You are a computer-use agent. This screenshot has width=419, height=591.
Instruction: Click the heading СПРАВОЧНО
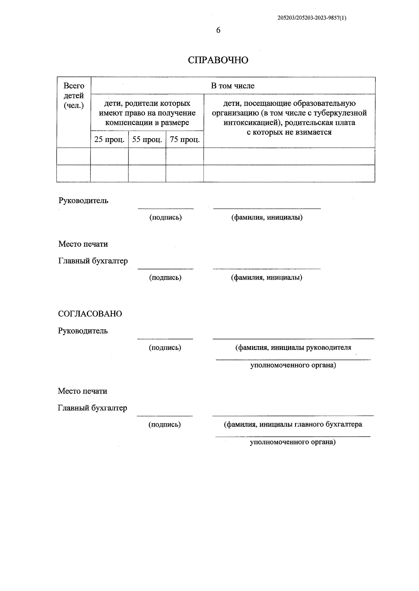[218, 60]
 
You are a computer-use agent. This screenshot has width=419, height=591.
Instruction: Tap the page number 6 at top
[218, 30]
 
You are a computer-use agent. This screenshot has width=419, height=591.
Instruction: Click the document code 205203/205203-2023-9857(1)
[312, 18]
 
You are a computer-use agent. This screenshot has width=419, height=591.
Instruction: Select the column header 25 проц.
[109, 140]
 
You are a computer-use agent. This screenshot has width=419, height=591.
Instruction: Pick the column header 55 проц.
[147, 140]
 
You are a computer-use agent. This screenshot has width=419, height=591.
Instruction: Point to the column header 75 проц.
[185, 140]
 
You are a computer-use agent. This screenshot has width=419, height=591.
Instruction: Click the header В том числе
[233, 86]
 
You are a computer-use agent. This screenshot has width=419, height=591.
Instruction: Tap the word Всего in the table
[74, 86]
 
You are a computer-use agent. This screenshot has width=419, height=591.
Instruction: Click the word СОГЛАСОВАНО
[90, 314]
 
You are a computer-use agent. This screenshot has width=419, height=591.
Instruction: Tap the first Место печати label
[83, 244]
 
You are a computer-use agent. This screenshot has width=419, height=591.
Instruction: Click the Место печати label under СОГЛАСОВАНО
[82, 391]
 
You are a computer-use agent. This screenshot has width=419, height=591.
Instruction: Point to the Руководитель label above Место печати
[83, 201]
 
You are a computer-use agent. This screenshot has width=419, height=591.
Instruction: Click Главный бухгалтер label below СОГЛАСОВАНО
[93, 408]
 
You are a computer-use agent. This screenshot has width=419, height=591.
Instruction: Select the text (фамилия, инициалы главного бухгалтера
[293, 425]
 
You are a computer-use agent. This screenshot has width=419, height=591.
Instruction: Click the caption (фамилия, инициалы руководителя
[293, 347]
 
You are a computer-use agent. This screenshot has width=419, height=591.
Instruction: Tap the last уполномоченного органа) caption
[293, 442]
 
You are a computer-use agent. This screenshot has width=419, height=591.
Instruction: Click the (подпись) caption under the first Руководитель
[166, 217]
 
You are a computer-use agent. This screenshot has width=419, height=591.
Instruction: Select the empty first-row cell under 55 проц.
[147, 156]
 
